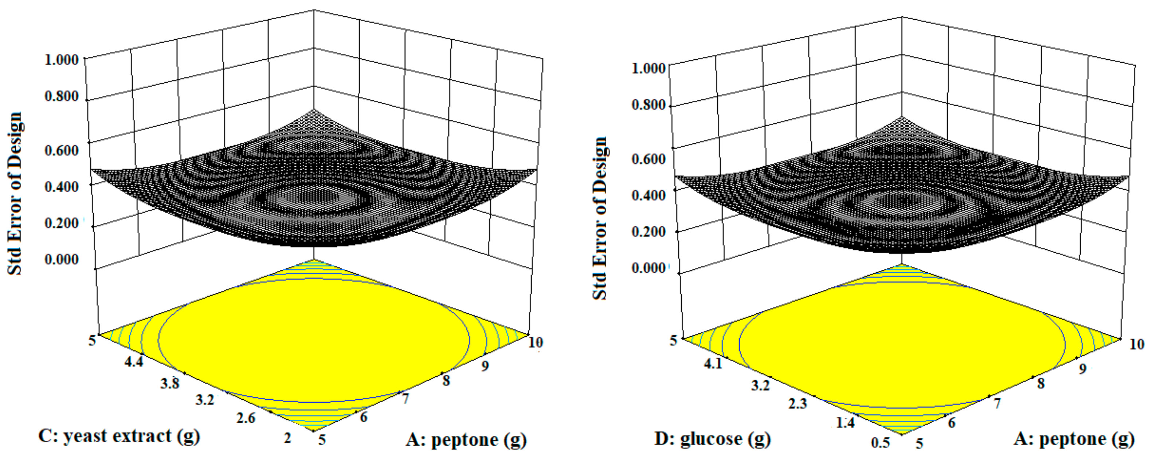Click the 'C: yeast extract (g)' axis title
pos(118,436)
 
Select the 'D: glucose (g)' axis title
pos(712,439)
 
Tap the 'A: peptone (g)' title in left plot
pos(466,440)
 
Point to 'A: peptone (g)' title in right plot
pos(1073,439)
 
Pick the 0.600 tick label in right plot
pos(648,159)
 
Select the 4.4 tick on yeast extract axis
pos(134,361)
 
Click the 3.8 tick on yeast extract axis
pos(170,383)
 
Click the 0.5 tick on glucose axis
pos(880,443)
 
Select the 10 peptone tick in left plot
pos(535,343)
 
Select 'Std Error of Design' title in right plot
pos(600,218)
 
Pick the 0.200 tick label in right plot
pos(648,232)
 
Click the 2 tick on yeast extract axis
pos(287,438)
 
